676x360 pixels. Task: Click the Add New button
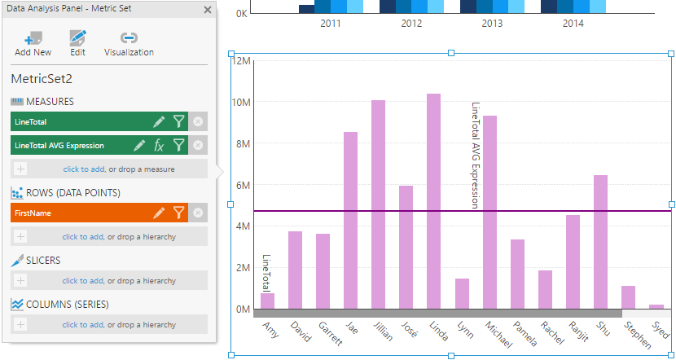click(x=33, y=43)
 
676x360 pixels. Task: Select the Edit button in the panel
click(x=77, y=43)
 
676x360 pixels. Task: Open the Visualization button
click(x=129, y=43)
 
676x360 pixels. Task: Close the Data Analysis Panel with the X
click(x=208, y=11)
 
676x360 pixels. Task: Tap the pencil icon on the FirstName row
click(x=159, y=213)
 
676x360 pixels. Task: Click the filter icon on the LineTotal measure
click(x=178, y=121)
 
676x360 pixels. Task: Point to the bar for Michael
click(x=489, y=213)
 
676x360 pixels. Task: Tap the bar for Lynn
click(x=462, y=294)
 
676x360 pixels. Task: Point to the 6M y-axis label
click(x=242, y=185)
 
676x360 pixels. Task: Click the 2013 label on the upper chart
click(x=492, y=24)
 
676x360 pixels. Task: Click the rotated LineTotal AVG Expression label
click(x=476, y=156)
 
